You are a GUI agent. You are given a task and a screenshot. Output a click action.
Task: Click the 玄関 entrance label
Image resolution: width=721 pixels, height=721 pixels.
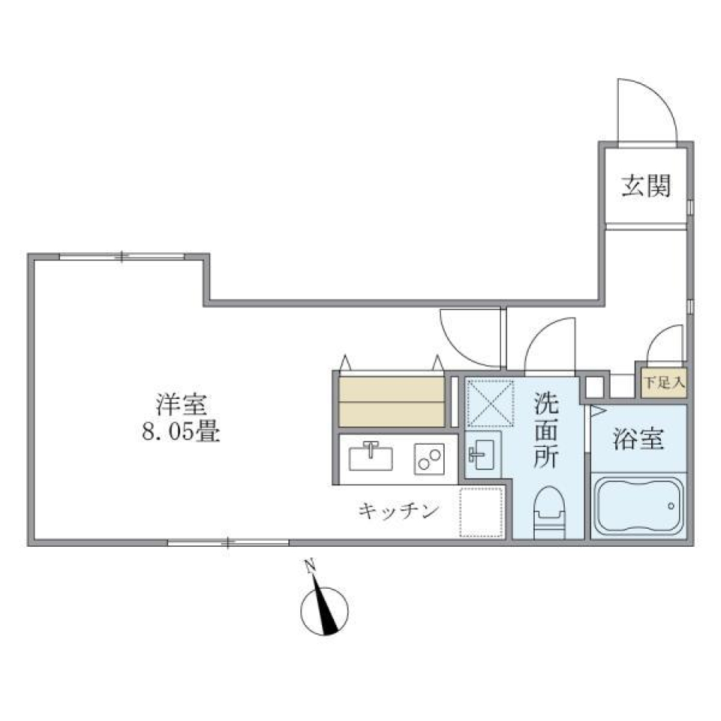click(645, 185)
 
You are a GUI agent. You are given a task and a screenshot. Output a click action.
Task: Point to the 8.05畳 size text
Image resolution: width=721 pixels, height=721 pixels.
click(180, 433)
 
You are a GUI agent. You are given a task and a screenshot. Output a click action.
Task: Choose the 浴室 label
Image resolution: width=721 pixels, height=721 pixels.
click(638, 440)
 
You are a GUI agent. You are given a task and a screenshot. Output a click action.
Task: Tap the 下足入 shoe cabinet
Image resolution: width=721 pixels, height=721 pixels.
click(662, 382)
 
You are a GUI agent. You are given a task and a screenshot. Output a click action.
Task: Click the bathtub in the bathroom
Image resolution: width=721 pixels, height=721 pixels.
click(639, 508)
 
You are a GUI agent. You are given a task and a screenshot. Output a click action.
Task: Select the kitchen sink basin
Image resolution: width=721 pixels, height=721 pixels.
click(373, 456)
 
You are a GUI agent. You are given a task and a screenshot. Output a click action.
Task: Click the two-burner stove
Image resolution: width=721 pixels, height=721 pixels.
click(429, 458)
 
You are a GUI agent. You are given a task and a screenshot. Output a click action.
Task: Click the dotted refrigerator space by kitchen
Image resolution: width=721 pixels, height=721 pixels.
click(481, 512)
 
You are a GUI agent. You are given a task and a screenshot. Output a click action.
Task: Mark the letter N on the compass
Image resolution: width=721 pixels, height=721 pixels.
click(309, 568)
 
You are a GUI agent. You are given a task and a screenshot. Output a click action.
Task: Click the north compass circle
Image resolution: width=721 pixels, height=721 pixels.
click(324, 612)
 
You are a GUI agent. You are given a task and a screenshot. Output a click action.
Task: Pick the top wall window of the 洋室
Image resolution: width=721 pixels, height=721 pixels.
click(123, 257)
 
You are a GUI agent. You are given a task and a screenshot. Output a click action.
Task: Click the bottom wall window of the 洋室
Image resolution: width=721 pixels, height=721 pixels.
click(228, 542)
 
